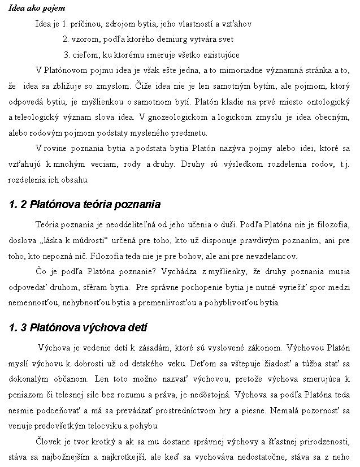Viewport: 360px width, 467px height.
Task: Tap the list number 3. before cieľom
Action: click(x=67, y=55)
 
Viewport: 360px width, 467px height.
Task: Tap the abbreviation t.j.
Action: click(x=344, y=165)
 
